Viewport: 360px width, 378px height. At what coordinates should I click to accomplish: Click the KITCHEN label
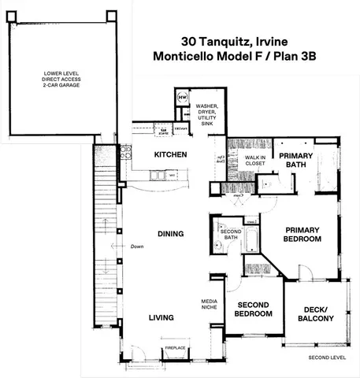[170, 154]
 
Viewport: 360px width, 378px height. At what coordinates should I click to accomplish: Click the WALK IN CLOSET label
[255, 161]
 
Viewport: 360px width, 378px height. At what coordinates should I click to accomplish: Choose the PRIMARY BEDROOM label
[302, 234]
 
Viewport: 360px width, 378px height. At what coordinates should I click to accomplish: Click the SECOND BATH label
[230, 234]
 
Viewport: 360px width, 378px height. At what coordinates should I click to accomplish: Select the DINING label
[169, 234]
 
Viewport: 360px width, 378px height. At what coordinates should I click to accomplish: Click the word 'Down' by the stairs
[137, 246]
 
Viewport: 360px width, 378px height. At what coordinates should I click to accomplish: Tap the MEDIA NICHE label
[210, 304]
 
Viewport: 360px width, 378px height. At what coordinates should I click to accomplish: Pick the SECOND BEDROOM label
[254, 309]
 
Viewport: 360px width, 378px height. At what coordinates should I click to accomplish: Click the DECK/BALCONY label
[316, 313]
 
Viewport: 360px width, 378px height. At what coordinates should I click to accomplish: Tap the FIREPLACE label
[175, 347]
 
